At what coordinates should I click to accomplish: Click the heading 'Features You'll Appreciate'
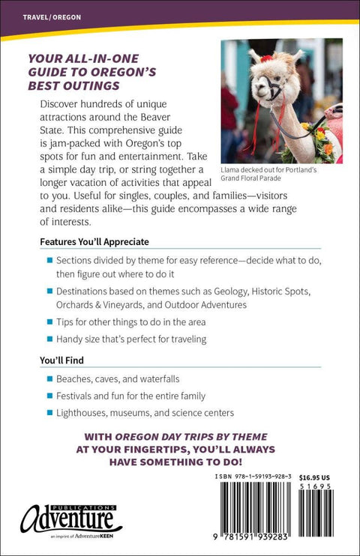pos(94,242)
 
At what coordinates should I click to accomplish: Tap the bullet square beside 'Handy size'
pos(49,339)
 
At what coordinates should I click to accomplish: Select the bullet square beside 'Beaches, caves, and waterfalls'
pos(49,379)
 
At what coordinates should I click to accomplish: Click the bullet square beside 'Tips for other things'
pos(49,322)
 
